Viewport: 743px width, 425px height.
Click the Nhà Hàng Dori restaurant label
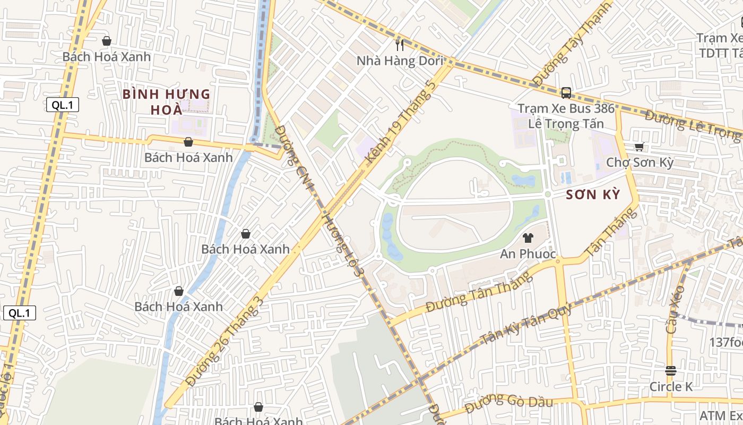pos(399,61)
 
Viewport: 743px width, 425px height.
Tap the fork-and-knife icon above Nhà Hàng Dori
pos(400,45)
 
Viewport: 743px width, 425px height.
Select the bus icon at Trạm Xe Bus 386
pos(566,93)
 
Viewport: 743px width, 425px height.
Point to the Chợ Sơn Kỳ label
pos(640,162)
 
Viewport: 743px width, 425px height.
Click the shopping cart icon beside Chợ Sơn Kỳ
pos(640,147)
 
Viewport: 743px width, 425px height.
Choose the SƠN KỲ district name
pos(593,194)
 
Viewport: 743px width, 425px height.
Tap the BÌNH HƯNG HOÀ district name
pos(167,102)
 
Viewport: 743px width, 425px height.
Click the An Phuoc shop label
pos(528,254)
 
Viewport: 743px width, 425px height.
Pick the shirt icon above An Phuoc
pos(528,238)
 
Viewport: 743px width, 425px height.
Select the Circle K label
pos(671,387)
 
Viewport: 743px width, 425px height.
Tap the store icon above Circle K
pos(671,370)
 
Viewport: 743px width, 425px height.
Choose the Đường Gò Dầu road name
pos(508,403)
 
